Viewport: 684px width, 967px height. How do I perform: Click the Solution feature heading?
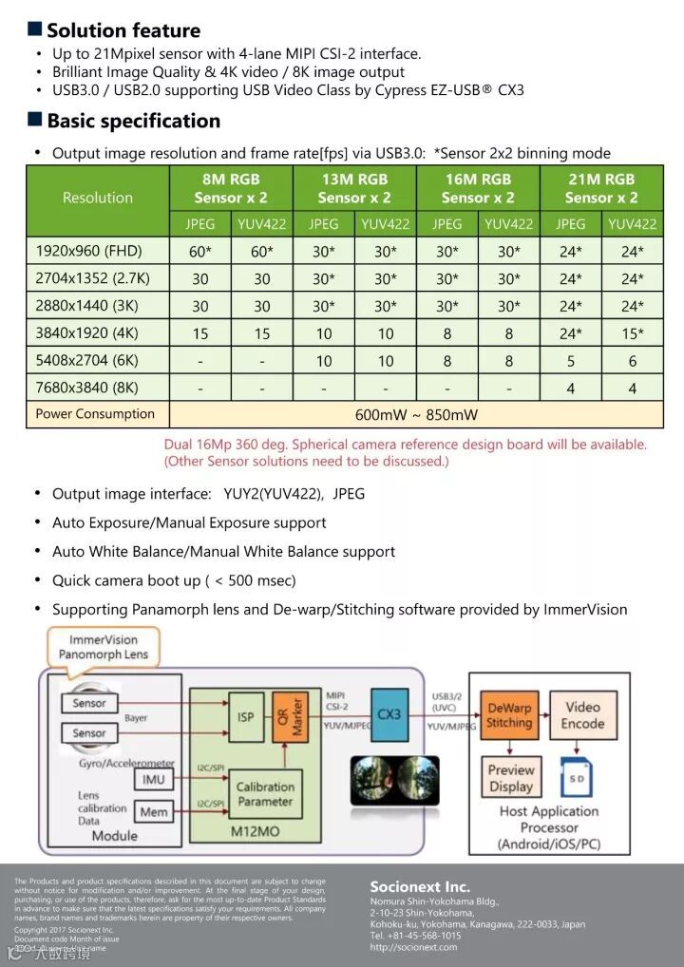point(123,30)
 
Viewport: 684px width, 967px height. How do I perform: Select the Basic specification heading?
point(133,121)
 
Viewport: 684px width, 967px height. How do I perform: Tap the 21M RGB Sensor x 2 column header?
point(601,188)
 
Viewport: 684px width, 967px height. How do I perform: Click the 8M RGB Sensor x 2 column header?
point(231,188)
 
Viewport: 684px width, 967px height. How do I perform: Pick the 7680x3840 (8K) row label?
point(86,388)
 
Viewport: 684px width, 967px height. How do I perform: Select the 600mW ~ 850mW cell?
point(416,414)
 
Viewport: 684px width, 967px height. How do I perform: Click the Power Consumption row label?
point(95,414)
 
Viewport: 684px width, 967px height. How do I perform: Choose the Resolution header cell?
point(98,198)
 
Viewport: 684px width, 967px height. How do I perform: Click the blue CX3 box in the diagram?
point(389,713)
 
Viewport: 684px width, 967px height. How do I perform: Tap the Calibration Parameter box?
point(265,793)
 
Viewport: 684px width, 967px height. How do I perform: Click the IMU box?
point(154,780)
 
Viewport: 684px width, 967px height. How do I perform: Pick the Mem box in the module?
point(154,812)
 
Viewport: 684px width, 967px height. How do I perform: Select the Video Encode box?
point(582,714)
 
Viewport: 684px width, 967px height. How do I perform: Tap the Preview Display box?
point(511,778)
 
